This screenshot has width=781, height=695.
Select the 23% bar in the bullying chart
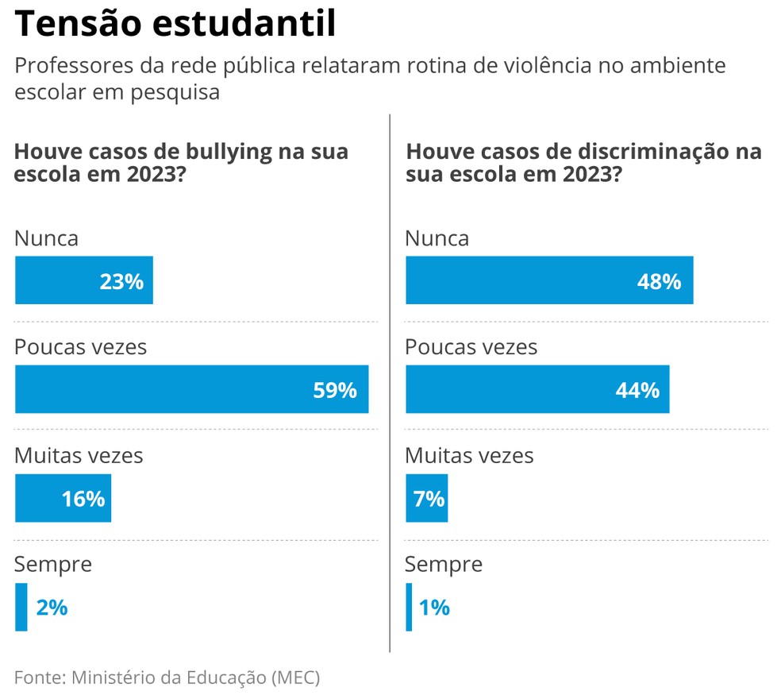83,280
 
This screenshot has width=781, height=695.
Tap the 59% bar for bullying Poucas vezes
191,389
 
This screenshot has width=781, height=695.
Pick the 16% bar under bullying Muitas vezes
63,498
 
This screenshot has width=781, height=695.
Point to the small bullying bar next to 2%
21,607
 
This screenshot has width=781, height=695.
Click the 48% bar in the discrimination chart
549,280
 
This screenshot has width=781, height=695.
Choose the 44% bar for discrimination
537,389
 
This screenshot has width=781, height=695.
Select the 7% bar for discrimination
426,498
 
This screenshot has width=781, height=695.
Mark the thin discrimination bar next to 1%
409,607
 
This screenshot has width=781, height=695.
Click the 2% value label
52,608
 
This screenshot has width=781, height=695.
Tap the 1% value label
434,608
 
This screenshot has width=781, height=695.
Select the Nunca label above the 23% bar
47,238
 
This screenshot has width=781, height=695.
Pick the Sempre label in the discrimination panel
443,564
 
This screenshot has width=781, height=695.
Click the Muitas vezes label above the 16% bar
79,455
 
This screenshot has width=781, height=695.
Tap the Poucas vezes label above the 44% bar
471,347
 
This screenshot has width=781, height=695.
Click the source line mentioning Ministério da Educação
167,678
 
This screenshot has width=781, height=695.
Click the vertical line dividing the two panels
390,381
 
